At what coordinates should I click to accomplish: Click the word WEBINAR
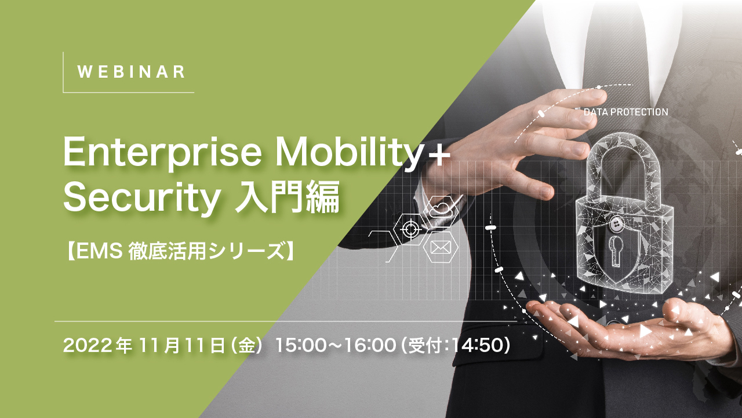[131, 72]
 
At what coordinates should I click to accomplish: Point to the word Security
[139, 198]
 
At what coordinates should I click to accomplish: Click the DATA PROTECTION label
[625, 111]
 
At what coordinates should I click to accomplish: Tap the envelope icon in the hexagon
[441, 248]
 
